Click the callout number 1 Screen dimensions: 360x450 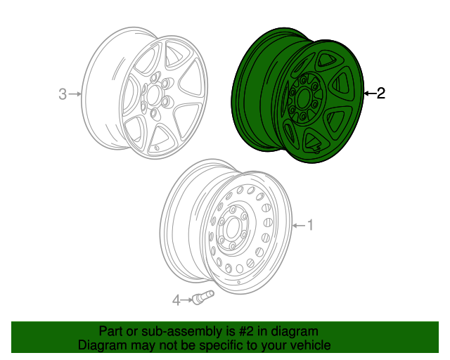310,225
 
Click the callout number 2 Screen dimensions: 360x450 380,93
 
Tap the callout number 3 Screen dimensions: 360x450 63,94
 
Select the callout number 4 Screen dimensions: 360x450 176,301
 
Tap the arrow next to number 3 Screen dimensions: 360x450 76,94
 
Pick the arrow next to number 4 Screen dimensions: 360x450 187,301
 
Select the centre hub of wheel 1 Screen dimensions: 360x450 230,231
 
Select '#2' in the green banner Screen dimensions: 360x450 240,331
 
